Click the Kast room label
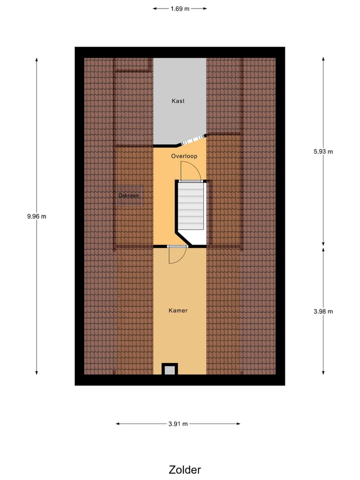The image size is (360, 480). point(178,101)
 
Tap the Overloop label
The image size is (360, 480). point(184,156)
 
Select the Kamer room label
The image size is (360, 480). point(178,310)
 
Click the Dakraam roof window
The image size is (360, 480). point(129,196)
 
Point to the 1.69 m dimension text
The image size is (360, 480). point(179,8)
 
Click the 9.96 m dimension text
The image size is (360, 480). point(36,216)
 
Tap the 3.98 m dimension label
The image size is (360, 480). point(323,311)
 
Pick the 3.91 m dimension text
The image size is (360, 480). point(178,424)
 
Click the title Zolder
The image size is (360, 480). point(184,469)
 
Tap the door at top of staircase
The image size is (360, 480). point(190,171)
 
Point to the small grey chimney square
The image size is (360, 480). point(170,370)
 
